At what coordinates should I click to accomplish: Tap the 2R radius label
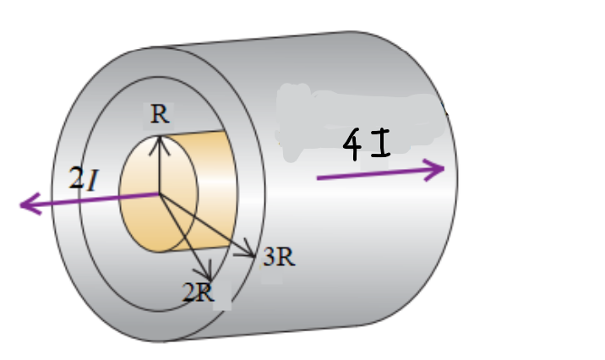[199, 293]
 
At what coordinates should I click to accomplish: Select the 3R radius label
[279, 258]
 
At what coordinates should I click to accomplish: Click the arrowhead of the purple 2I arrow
[25, 204]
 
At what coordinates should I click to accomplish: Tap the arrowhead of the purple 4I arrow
[438, 169]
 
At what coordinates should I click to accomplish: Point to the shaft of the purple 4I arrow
[372, 174]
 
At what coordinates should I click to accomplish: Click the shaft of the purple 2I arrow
[93, 199]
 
